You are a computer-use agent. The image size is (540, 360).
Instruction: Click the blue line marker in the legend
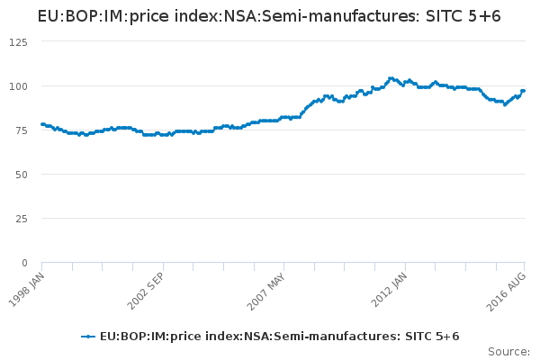(x=87, y=337)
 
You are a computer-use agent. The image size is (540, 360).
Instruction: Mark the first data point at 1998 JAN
(x=42, y=124)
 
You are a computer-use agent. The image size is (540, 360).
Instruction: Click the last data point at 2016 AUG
(x=523, y=91)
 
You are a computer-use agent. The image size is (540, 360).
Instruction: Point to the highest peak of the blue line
(x=391, y=78)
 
